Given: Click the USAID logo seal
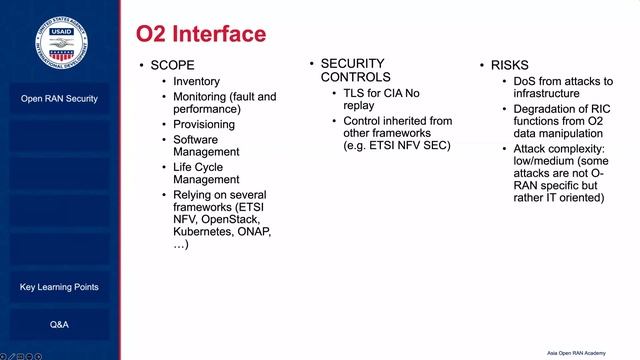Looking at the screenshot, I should (x=59, y=39).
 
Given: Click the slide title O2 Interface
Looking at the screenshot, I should (x=201, y=34).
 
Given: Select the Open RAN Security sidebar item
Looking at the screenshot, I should (x=59, y=99).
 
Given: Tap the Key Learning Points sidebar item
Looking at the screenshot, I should (x=59, y=287).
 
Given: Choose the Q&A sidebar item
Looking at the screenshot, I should (x=59, y=325).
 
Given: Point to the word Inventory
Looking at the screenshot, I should (x=196, y=81).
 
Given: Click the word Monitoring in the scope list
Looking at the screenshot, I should (x=199, y=97).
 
